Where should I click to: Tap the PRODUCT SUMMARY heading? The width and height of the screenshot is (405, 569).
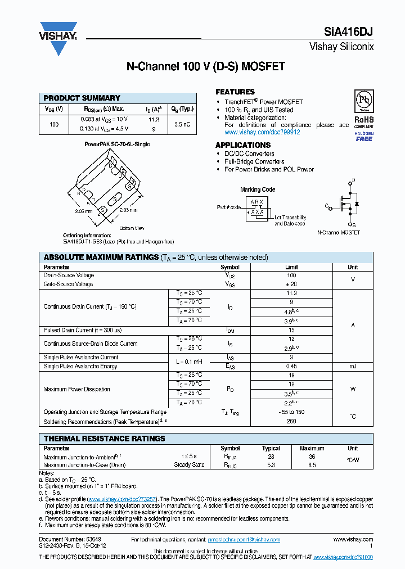click(82, 98)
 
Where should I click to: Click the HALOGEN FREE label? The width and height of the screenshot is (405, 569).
click(364, 136)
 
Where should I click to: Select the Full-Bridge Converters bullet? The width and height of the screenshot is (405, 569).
click(254, 161)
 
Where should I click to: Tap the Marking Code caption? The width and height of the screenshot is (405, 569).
click(258, 189)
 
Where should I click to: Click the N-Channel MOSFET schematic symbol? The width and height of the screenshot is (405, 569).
click(344, 204)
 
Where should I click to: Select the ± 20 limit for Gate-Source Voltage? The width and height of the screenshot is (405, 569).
click(291, 284)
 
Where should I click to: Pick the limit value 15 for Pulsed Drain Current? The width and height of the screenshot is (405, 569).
click(291, 330)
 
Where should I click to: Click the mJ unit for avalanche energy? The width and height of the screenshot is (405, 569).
click(352, 366)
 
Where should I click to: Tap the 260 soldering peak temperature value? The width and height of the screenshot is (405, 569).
click(291, 421)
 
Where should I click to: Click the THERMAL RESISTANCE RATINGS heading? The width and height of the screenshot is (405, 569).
click(105, 439)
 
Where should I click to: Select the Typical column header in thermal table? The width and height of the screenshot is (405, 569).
click(271, 448)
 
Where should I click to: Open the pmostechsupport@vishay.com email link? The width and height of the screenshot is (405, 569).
click(244, 540)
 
